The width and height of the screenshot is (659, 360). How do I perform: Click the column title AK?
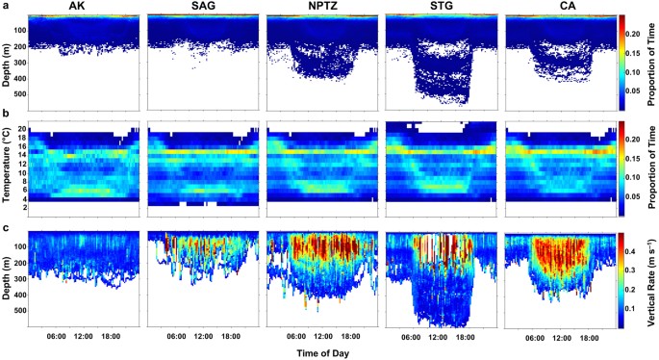(84, 7)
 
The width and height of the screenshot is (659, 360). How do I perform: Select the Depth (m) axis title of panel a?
(10, 61)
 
